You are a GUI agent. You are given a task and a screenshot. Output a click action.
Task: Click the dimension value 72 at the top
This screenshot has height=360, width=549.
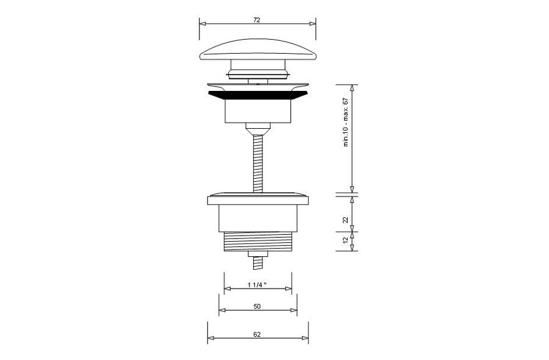coord(257,20)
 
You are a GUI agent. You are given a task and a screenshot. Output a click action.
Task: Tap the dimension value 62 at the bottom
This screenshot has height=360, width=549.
coord(257,334)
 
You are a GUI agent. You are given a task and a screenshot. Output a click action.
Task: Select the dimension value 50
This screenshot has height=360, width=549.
coord(257,306)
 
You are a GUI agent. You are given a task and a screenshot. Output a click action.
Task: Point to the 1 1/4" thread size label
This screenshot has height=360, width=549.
coord(257,285)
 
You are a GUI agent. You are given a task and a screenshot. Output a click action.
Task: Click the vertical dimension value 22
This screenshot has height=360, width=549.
coord(346,220)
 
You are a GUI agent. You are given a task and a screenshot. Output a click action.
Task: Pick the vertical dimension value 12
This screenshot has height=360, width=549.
coord(346,240)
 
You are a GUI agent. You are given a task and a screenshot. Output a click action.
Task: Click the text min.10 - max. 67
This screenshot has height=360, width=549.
coord(346,122)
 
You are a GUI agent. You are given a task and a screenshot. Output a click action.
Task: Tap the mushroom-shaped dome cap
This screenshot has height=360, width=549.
coord(257,51)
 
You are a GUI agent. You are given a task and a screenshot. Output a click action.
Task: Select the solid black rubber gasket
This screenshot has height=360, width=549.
coord(257,95)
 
